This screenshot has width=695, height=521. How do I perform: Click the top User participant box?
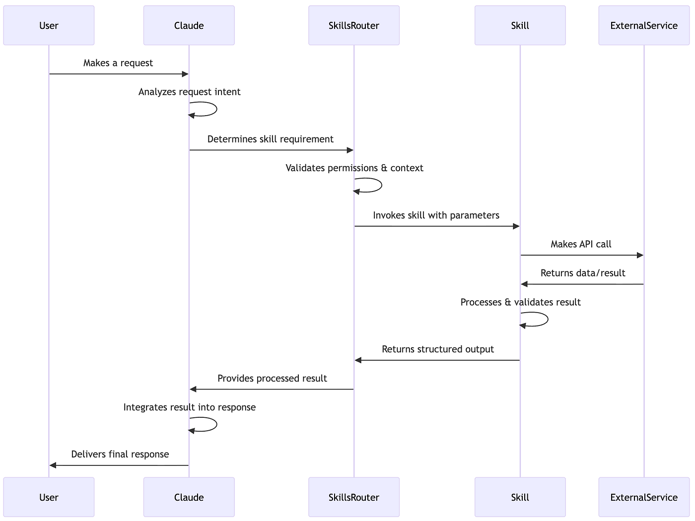(x=49, y=25)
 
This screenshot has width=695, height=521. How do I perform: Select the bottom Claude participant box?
(x=189, y=497)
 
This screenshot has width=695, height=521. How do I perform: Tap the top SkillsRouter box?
(x=353, y=25)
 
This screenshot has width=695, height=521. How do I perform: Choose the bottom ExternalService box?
(x=643, y=497)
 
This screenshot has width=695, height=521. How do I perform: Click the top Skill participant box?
(x=520, y=25)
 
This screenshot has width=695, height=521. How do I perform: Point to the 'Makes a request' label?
(x=118, y=63)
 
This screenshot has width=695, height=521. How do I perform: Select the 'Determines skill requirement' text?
(x=270, y=139)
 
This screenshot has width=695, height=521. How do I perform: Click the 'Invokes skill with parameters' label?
(x=436, y=215)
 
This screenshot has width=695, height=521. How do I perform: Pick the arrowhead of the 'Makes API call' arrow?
(x=640, y=255)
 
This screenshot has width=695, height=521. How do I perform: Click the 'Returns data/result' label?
(x=582, y=273)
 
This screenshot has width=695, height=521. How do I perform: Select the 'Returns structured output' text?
(x=437, y=349)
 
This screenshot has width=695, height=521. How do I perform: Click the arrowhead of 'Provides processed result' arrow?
(x=193, y=390)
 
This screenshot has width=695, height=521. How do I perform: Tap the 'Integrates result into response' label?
(x=189, y=407)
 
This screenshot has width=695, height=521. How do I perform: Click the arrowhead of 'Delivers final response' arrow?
(x=53, y=465)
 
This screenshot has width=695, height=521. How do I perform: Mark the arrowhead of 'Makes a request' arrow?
(x=185, y=74)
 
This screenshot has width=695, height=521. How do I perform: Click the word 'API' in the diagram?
(x=586, y=244)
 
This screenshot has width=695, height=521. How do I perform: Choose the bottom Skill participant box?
(x=520, y=497)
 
